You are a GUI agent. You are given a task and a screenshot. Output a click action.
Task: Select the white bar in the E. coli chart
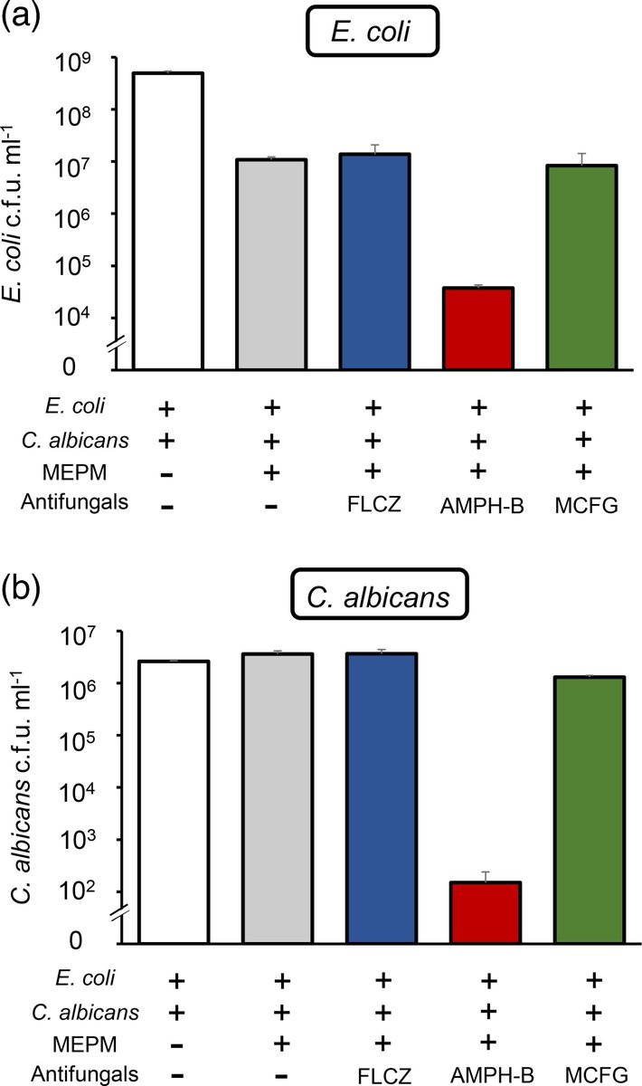(168, 221)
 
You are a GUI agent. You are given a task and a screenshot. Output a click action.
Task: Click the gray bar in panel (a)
(271, 263)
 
